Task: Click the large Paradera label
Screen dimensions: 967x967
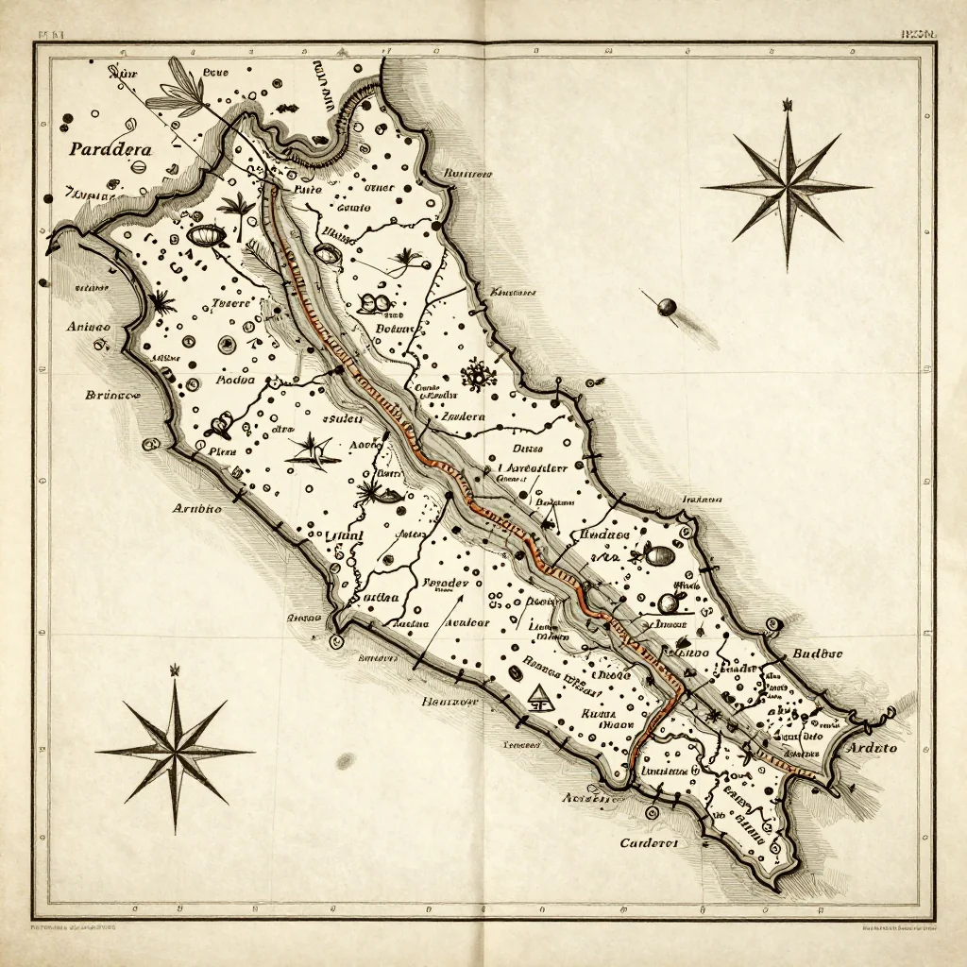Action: coord(110,148)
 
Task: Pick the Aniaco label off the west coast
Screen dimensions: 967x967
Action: coord(89,327)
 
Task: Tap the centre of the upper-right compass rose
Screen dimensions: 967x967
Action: coord(787,187)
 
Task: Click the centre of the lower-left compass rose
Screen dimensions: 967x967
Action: coord(176,752)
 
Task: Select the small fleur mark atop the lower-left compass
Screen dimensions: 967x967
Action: coord(175,670)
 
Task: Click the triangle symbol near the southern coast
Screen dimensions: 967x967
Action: coord(541,700)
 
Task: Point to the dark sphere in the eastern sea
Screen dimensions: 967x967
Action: coord(668,306)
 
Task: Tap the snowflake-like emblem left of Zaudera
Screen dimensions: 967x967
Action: coord(479,376)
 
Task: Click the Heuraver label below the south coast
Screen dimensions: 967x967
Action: coord(450,702)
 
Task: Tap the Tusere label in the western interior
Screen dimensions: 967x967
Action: coord(229,303)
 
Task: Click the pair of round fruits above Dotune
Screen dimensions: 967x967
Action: coord(372,302)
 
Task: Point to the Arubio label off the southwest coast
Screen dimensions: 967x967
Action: coord(196,508)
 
